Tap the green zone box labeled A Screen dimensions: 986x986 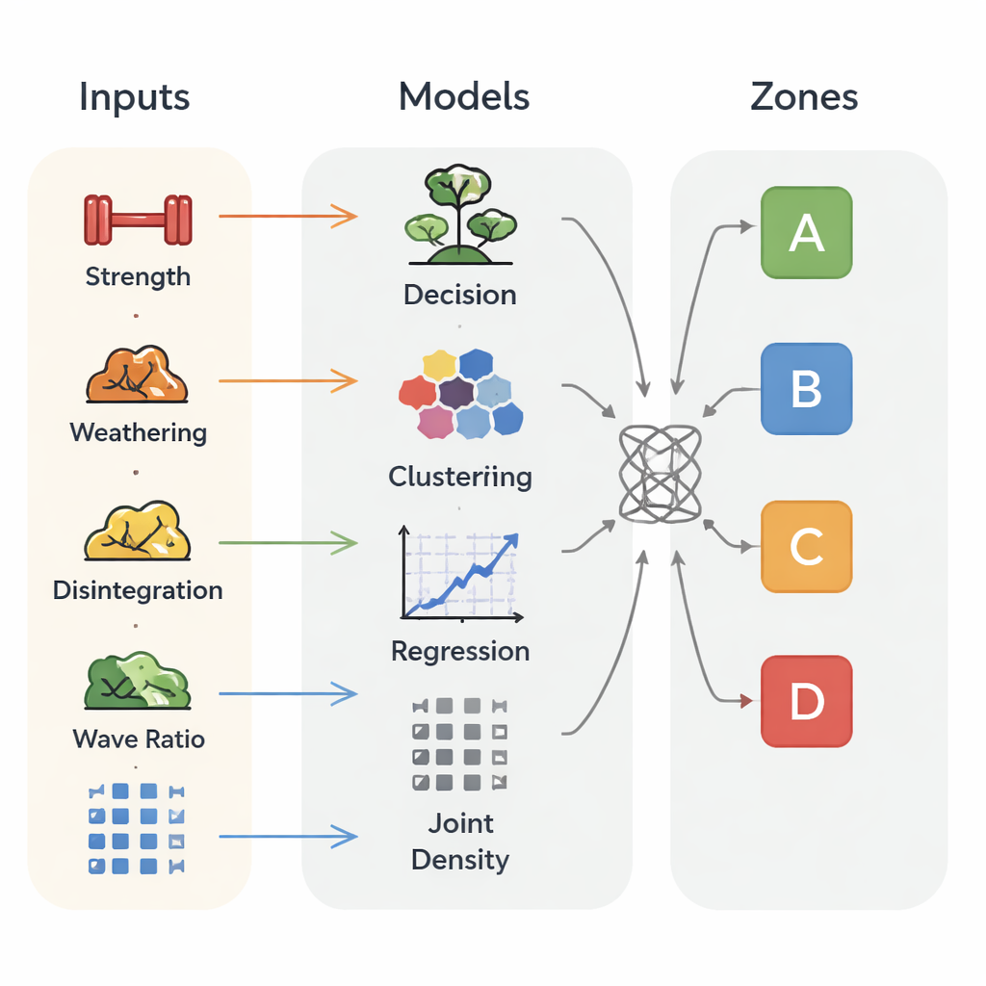(806, 233)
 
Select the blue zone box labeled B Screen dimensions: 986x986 (806, 389)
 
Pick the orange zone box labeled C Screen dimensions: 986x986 (806, 546)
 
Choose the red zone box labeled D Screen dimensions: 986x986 (806, 701)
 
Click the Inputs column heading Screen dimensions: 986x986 (135, 97)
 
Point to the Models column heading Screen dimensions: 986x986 (464, 96)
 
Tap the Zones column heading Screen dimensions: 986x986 (804, 97)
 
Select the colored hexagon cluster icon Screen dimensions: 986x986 (461, 393)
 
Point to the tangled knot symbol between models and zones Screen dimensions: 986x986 (660, 474)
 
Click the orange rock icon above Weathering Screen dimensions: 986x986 (137, 376)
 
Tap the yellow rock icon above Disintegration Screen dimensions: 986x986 (137, 532)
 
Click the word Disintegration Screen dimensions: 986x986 (138, 590)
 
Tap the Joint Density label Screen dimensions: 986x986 (460, 842)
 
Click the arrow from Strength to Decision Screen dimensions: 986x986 (287, 217)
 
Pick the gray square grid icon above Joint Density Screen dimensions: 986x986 (459, 744)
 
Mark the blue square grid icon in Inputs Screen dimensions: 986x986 (135, 829)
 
